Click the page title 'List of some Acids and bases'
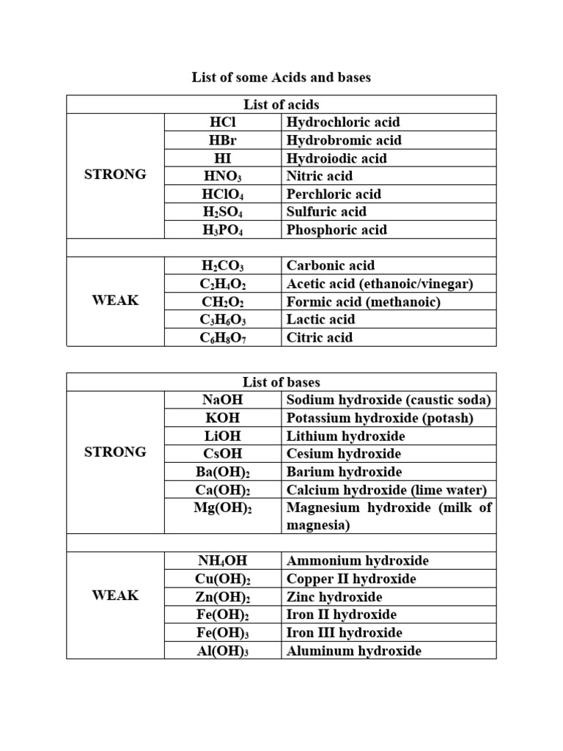281,78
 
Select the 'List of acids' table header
281,105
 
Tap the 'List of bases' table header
281,382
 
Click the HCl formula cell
223,122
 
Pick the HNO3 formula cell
223,176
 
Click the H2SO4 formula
223,212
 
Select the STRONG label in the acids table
116,175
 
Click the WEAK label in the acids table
116,301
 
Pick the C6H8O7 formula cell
223,337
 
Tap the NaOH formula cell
223,400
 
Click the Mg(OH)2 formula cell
223,508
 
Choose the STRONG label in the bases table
116,453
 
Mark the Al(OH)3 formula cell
223,651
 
